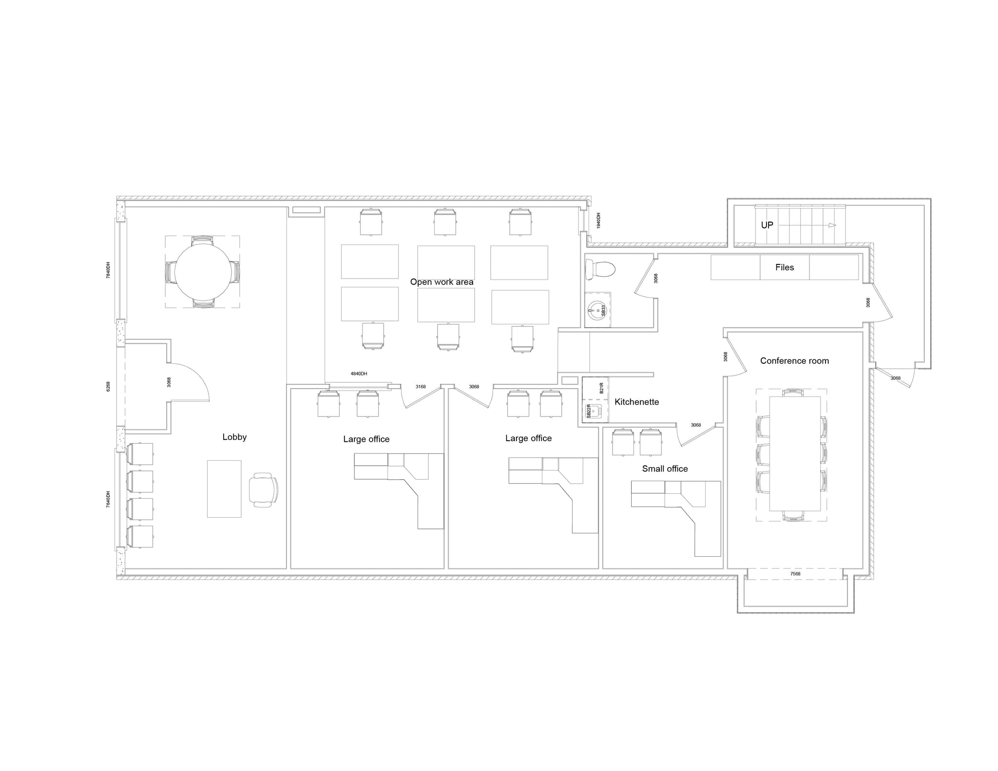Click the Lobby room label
point(234,437)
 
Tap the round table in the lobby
point(203,272)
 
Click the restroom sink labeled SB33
point(597,310)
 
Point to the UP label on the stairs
point(767,225)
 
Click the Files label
point(785,267)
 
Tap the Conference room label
point(794,361)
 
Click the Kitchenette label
point(636,402)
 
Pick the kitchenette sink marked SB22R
point(594,412)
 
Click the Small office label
point(665,469)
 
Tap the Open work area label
point(441,282)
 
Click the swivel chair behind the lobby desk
point(263,489)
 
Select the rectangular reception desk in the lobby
point(224,489)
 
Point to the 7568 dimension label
point(795,574)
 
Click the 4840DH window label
point(359,374)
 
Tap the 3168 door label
point(421,387)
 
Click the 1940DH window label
point(598,220)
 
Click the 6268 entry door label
point(108,386)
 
